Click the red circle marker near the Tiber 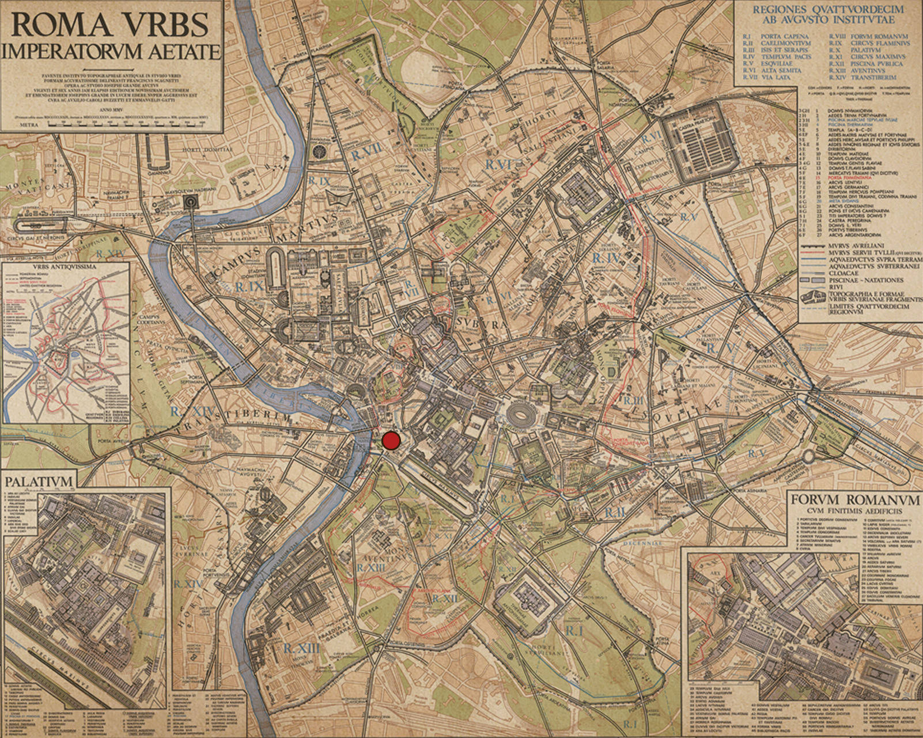(x=391, y=441)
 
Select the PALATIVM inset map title (x=39, y=480)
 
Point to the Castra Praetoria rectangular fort (x=701, y=140)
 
